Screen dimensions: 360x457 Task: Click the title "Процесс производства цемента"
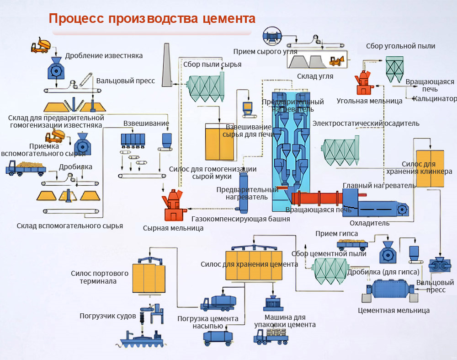click(x=152, y=19)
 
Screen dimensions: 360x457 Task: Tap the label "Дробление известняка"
click(x=104, y=56)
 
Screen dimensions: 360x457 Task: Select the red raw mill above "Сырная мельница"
click(x=174, y=206)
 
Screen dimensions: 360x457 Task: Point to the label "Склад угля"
click(x=315, y=76)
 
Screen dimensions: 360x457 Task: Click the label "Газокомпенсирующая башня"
click(x=240, y=219)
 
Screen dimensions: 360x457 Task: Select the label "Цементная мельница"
click(x=394, y=311)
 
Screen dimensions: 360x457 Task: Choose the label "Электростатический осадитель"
click(x=366, y=124)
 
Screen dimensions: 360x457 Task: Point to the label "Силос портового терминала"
click(x=100, y=277)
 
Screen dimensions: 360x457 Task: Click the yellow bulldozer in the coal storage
click(x=337, y=60)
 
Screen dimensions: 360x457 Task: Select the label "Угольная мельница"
click(x=369, y=101)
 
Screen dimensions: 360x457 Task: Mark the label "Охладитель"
click(x=369, y=223)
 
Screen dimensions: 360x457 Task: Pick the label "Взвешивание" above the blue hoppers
click(x=146, y=124)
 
